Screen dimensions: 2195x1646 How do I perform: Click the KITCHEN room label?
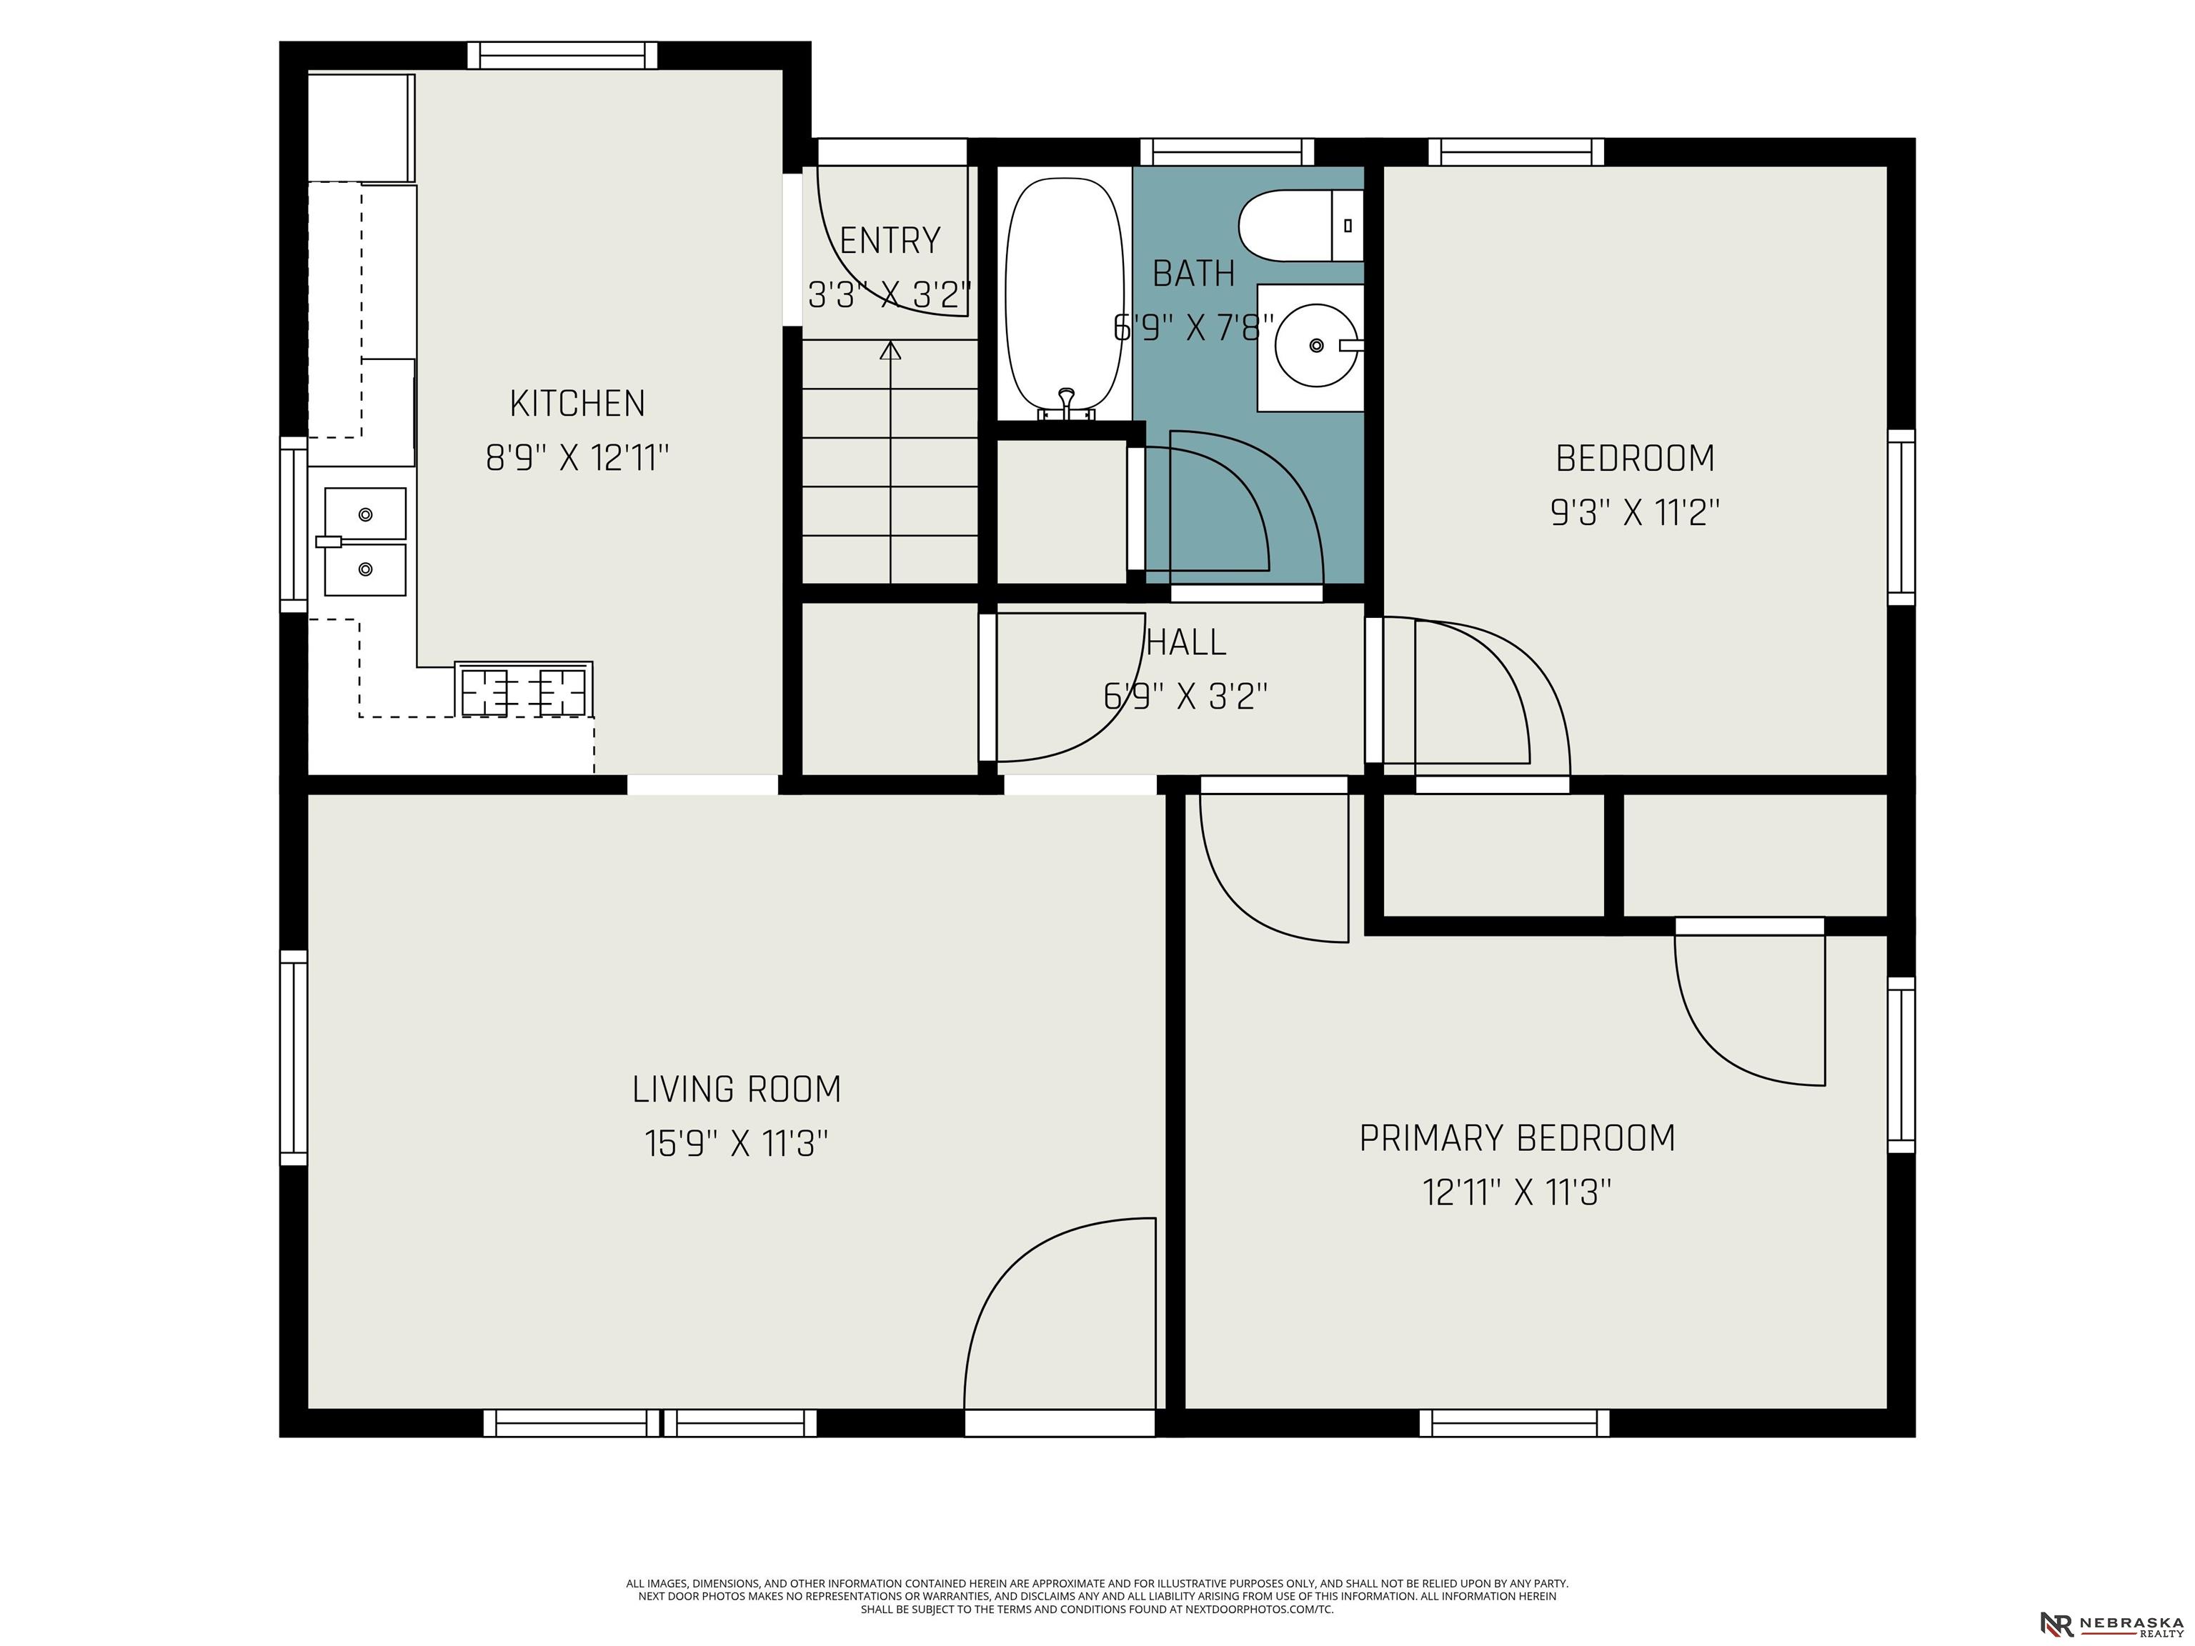click(x=577, y=404)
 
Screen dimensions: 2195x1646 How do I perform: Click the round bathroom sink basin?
click(x=1316, y=345)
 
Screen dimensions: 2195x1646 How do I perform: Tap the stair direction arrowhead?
click(x=890, y=349)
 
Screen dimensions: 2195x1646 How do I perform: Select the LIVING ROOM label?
click(x=736, y=1089)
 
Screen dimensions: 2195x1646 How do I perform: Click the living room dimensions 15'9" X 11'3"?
click(x=736, y=1144)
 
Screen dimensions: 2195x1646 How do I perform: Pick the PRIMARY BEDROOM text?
click(x=1517, y=1138)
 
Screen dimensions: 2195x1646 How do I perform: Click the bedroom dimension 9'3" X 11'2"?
click(x=1634, y=513)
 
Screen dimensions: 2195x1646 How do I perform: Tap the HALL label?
click(x=1186, y=642)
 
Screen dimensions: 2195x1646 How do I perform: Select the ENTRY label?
click(x=889, y=241)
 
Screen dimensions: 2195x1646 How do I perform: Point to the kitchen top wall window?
click(x=562, y=56)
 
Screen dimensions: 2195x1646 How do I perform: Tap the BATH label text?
click(x=1194, y=273)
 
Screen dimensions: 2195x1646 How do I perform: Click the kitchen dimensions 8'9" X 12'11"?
click(x=577, y=459)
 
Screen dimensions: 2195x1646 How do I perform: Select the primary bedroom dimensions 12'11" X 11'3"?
click(x=1517, y=1192)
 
